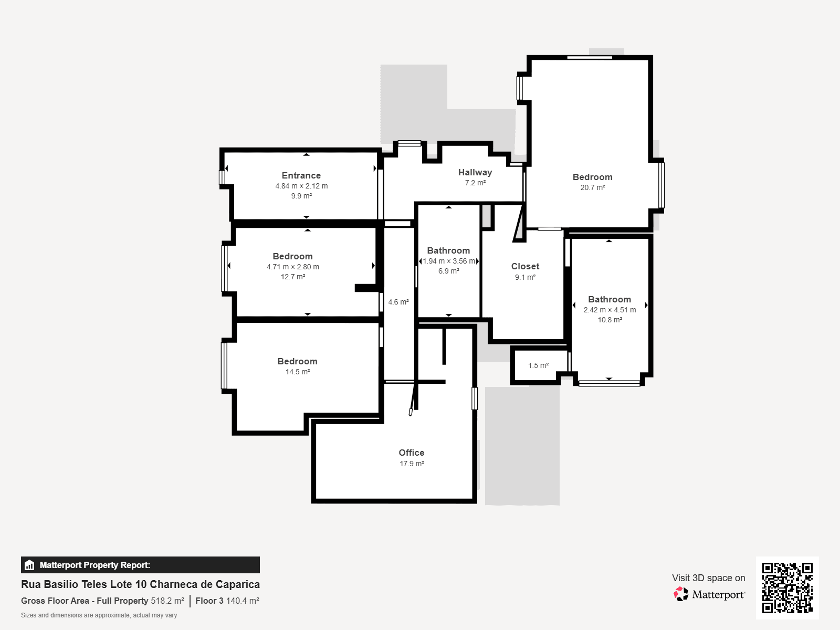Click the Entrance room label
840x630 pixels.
(301, 175)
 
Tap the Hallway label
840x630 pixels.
(475, 173)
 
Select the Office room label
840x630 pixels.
(412, 453)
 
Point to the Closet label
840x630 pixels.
(525, 267)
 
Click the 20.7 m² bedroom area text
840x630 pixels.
(592, 187)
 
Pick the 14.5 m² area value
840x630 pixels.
(297, 372)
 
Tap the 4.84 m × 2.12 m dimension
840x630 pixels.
(301, 186)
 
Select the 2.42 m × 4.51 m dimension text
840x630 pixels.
(610, 310)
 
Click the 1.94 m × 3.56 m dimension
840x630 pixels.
(448, 261)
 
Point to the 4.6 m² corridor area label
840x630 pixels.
(398, 302)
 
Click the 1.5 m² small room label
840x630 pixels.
(538, 365)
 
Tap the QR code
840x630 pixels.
(787, 587)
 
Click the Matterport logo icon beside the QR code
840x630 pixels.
(680, 594)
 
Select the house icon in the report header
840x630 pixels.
(29, 565)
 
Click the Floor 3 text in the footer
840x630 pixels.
(209, 601)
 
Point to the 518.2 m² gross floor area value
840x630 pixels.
(167, 601)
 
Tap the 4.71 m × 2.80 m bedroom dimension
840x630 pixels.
(293, 267)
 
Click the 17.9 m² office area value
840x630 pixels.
(412, 464)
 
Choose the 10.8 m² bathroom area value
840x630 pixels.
(610, 320)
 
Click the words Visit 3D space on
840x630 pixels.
(708, 578)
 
